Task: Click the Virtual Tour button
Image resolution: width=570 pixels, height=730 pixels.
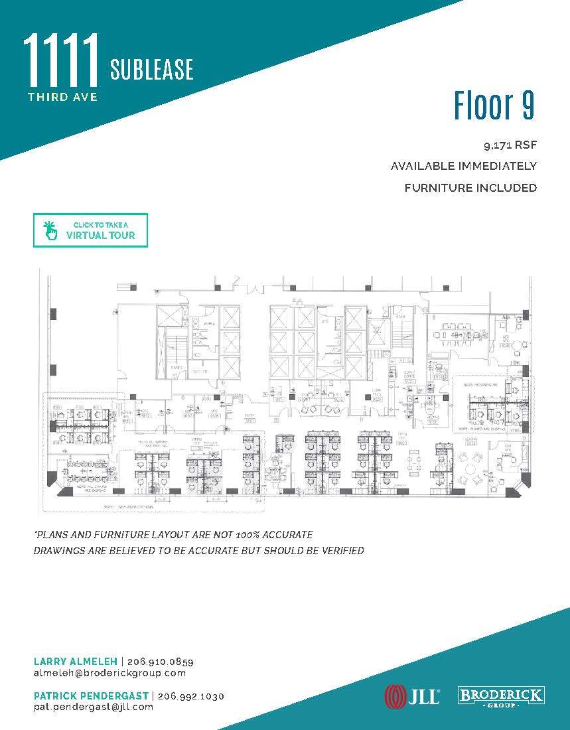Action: (90, 230)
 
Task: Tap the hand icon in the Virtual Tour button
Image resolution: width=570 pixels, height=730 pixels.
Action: (48, 230)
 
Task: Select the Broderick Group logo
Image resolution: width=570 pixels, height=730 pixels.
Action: (502, 696)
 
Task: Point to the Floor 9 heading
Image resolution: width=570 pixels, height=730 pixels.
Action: (494, 106)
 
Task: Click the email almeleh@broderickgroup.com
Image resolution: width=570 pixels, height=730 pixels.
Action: (109, 673)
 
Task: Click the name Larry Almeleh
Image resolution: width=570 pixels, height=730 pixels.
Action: (75, 662)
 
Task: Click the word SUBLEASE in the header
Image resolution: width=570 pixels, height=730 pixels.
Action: (152, 70)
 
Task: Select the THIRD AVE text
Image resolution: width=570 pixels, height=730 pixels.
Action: (62, 97)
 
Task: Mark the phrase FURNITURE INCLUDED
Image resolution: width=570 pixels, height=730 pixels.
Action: (470, 188)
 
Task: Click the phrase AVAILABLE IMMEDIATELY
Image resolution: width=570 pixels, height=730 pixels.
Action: (464, 166)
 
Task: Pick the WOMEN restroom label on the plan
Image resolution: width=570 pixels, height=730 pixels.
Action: (210, 324)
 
